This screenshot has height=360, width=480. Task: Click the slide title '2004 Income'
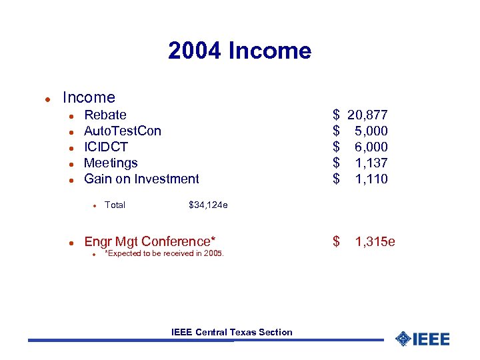(x=239, y=51)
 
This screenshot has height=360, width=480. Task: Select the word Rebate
(x=105, y=115)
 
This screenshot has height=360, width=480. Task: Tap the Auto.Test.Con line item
(x=123, y=131)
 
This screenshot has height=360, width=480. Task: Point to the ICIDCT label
(x=106, y=147)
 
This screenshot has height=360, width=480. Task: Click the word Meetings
(x=111, y=163)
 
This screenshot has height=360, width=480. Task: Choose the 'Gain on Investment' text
(x=141, y=179)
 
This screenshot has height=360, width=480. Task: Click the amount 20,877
(x=367, y=115)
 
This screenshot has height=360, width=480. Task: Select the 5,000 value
(x=371, y=131)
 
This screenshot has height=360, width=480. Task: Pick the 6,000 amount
(x=371, y=147)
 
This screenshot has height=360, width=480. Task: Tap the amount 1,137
(x=371, y=163)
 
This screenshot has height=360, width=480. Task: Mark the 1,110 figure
(x=371, y=179)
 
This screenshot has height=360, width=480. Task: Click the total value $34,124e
(x=208, y=205)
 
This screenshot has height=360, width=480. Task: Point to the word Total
(x=115, y=205)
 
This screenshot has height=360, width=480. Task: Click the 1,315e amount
(x=375, y=241)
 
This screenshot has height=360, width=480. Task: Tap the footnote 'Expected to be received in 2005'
(x=165, y=253)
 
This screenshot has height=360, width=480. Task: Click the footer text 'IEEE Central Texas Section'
(x=231, y=332)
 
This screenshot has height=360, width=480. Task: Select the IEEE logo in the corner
(x=422, y=339)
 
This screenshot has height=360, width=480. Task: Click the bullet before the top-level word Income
(x=48, y=99)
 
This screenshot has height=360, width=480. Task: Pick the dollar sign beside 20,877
(x=337, y=115)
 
